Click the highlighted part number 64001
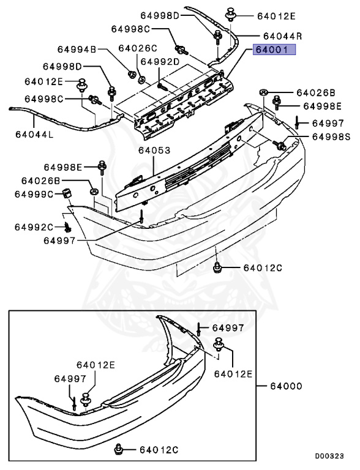pyautogui.click(x=275, y=51)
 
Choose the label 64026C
pyautogui.click(x=138, y=48)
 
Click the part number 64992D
pyautogui.click(x=160, y=62)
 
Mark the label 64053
pyautogui.click(x=154, y=150)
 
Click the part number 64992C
pyautogui.click(x=34, y=227)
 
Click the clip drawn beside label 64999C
pyautogui.click(x=66, y=195)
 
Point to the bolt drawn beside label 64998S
pyautogui.click(x=281, y=146)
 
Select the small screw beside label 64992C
pyautogui.click(x=68, y=228)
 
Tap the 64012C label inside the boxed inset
pyautogui.click(x=157, y=450)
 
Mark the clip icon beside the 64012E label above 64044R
pyautogui.click(x=231, y=13)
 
